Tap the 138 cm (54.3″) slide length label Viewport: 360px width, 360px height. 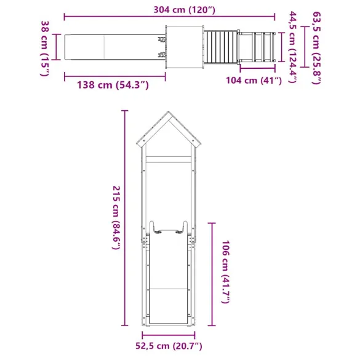[x=113, y=85]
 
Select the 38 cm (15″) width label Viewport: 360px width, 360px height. [x=44, y=47]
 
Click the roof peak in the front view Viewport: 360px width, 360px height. [x=169, y=114]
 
